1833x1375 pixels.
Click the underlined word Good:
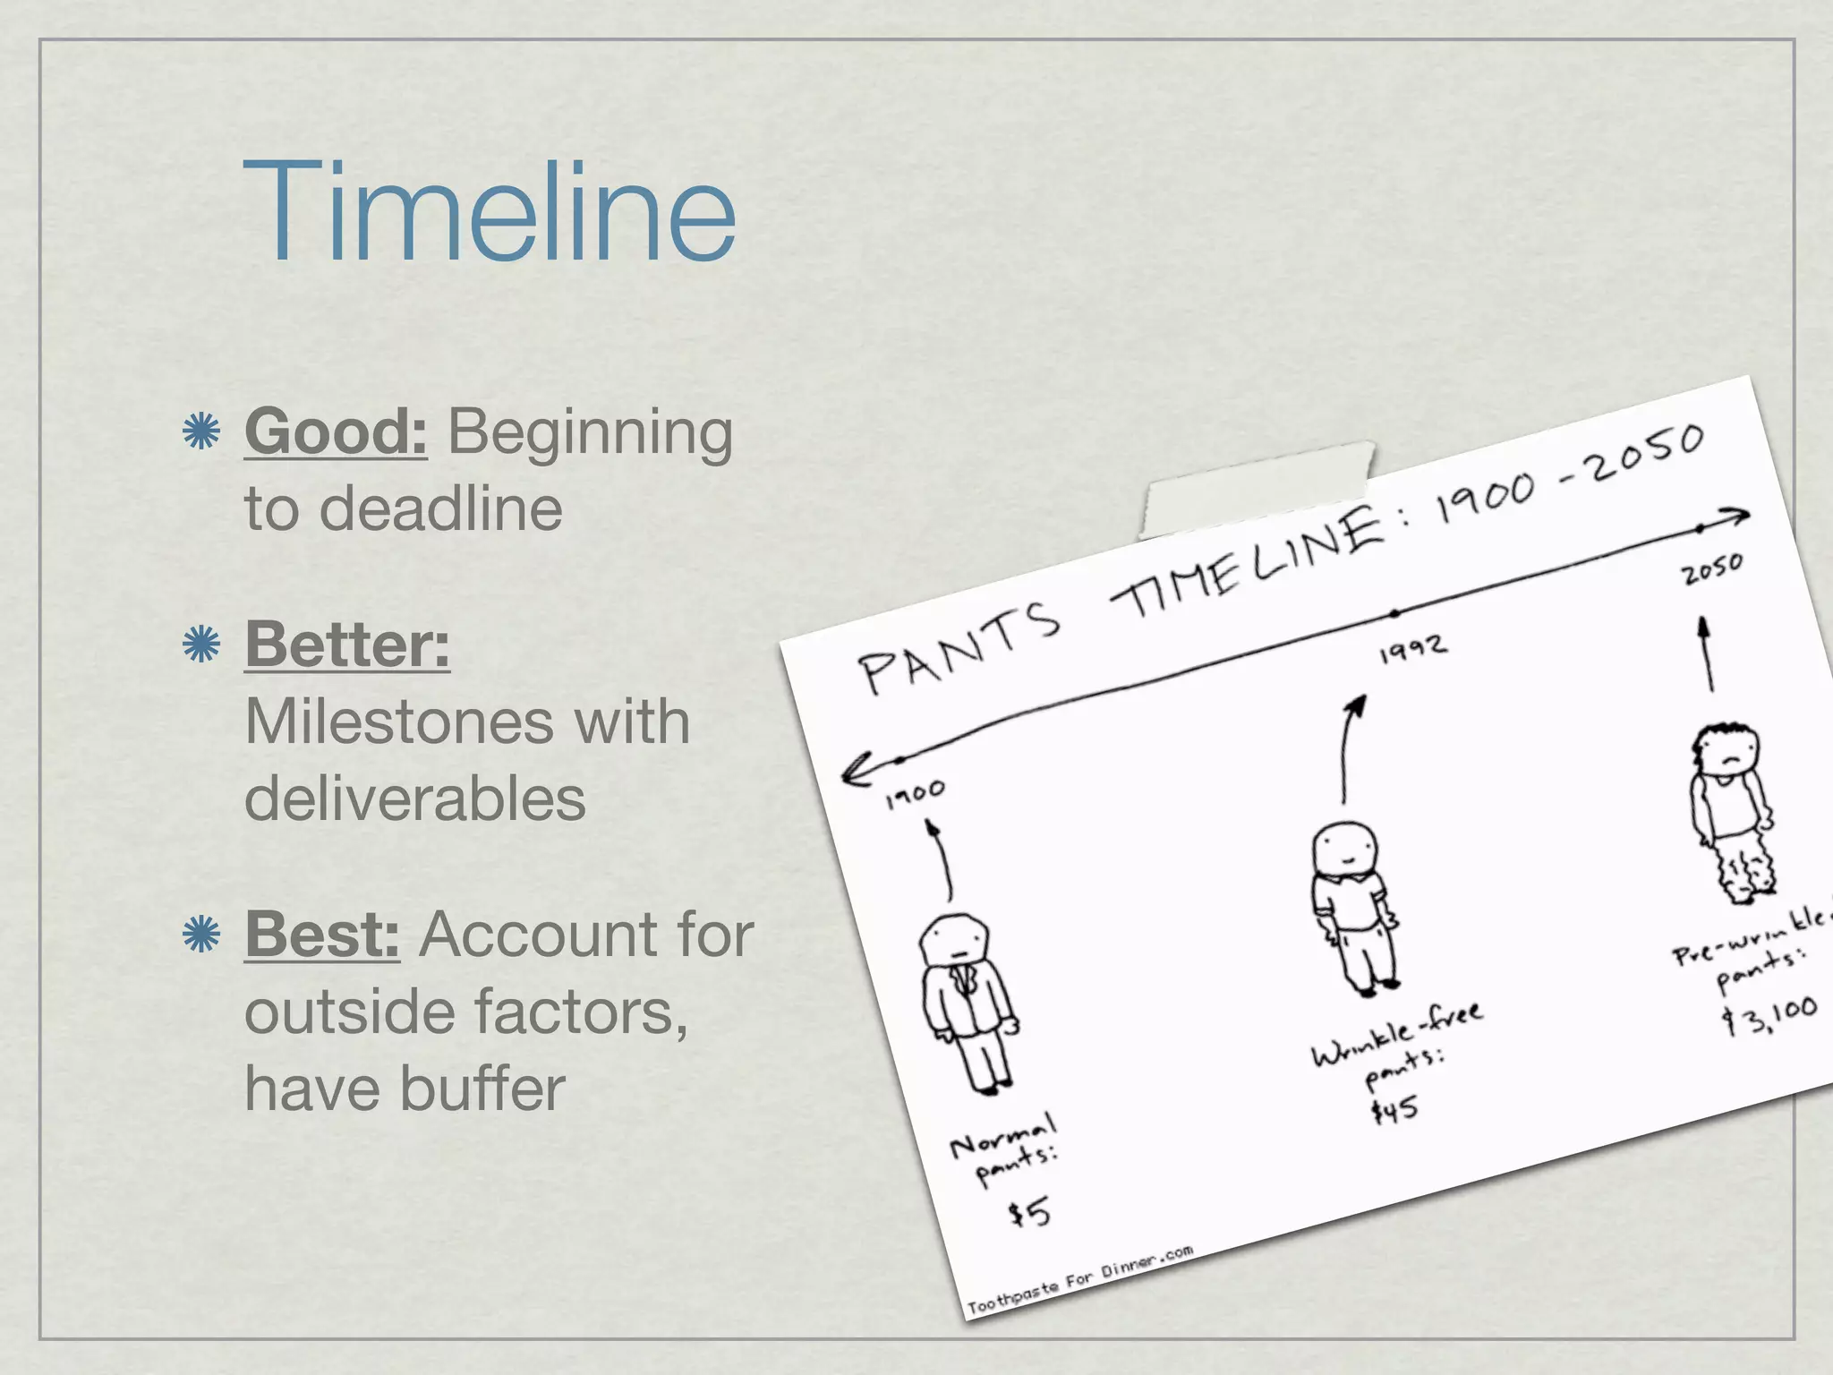coord(336,431)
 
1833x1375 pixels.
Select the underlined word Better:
coord(347,644)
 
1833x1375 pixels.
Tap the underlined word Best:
coord(322,934)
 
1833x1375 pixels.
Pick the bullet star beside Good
coord(201,431)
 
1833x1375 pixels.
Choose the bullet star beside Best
coord(201,935)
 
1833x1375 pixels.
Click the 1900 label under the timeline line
coord(915,793)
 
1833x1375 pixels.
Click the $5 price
coord(1029,1214)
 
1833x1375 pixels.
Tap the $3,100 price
coord(1772,1014)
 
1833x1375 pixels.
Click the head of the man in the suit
coord(956,942)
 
